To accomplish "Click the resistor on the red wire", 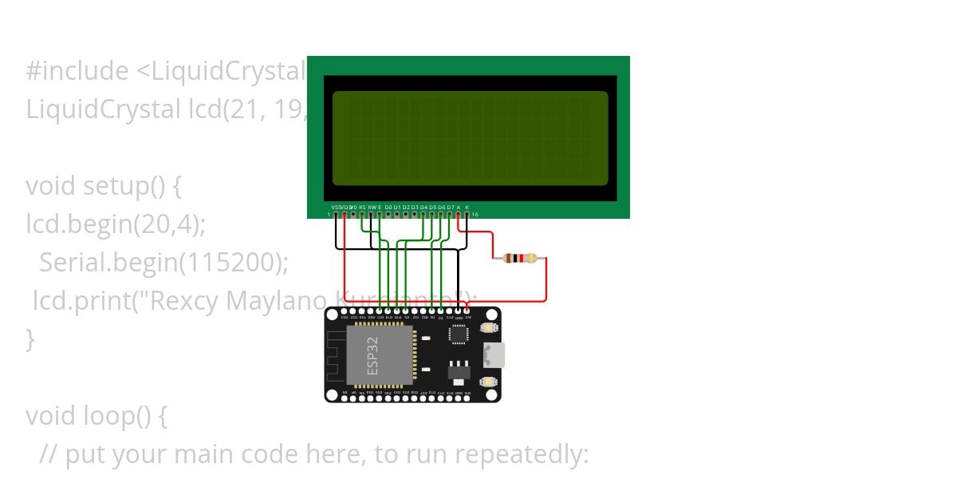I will [520, 258].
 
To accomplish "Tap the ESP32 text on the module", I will [378, 355].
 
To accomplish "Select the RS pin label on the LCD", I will [362, 207].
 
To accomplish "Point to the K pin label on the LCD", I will [467, 207].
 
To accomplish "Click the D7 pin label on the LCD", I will [450, 207].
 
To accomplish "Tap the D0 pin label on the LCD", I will [388, 207].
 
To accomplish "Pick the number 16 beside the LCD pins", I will [475, 215].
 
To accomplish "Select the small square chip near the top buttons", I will [459, 335].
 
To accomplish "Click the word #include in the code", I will [77, 72].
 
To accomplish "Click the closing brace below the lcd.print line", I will [30, 339].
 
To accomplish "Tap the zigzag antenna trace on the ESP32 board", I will [336, 355].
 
